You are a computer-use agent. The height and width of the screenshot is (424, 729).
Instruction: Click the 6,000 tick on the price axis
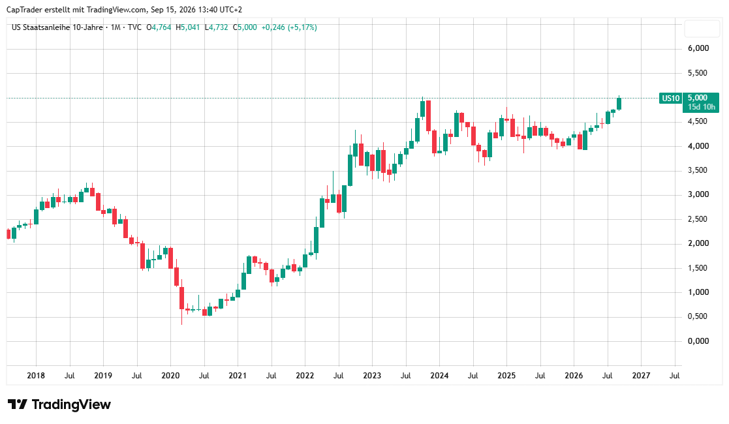(x=698, y=48)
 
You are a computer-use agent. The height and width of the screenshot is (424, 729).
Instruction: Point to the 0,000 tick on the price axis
(x=698, y=341)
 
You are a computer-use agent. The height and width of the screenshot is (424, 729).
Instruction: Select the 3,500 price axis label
(x=698, y=170)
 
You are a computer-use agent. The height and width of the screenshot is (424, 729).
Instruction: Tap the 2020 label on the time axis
(x=170, y=375)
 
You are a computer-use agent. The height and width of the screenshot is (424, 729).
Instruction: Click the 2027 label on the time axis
(x=641, y=375)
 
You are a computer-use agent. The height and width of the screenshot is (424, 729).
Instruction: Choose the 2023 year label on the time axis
(x=372, y=375)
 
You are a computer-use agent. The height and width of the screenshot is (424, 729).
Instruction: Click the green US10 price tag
(x=670, y=98)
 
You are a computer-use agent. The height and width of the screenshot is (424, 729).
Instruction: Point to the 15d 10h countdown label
(x=702, y=107)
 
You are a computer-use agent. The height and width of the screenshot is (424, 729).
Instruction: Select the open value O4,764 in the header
(x=159, y=27)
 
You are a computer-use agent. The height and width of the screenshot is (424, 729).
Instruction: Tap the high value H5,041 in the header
(x=187, y=27)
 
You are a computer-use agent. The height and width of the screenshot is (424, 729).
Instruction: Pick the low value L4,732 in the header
(x=216, y=27)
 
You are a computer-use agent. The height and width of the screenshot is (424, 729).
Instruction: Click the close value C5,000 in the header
(x=245, y=27)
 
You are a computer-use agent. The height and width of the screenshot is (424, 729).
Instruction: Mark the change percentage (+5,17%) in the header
(x=302, y=27)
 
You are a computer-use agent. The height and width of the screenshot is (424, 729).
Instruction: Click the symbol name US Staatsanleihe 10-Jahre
(x=57, y=27)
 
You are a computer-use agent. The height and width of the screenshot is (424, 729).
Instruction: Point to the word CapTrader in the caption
(x=23, y=10)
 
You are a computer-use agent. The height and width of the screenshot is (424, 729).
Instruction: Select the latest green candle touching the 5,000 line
(x=619, y=103)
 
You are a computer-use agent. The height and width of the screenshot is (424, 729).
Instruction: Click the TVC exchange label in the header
(x=134, y=27)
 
